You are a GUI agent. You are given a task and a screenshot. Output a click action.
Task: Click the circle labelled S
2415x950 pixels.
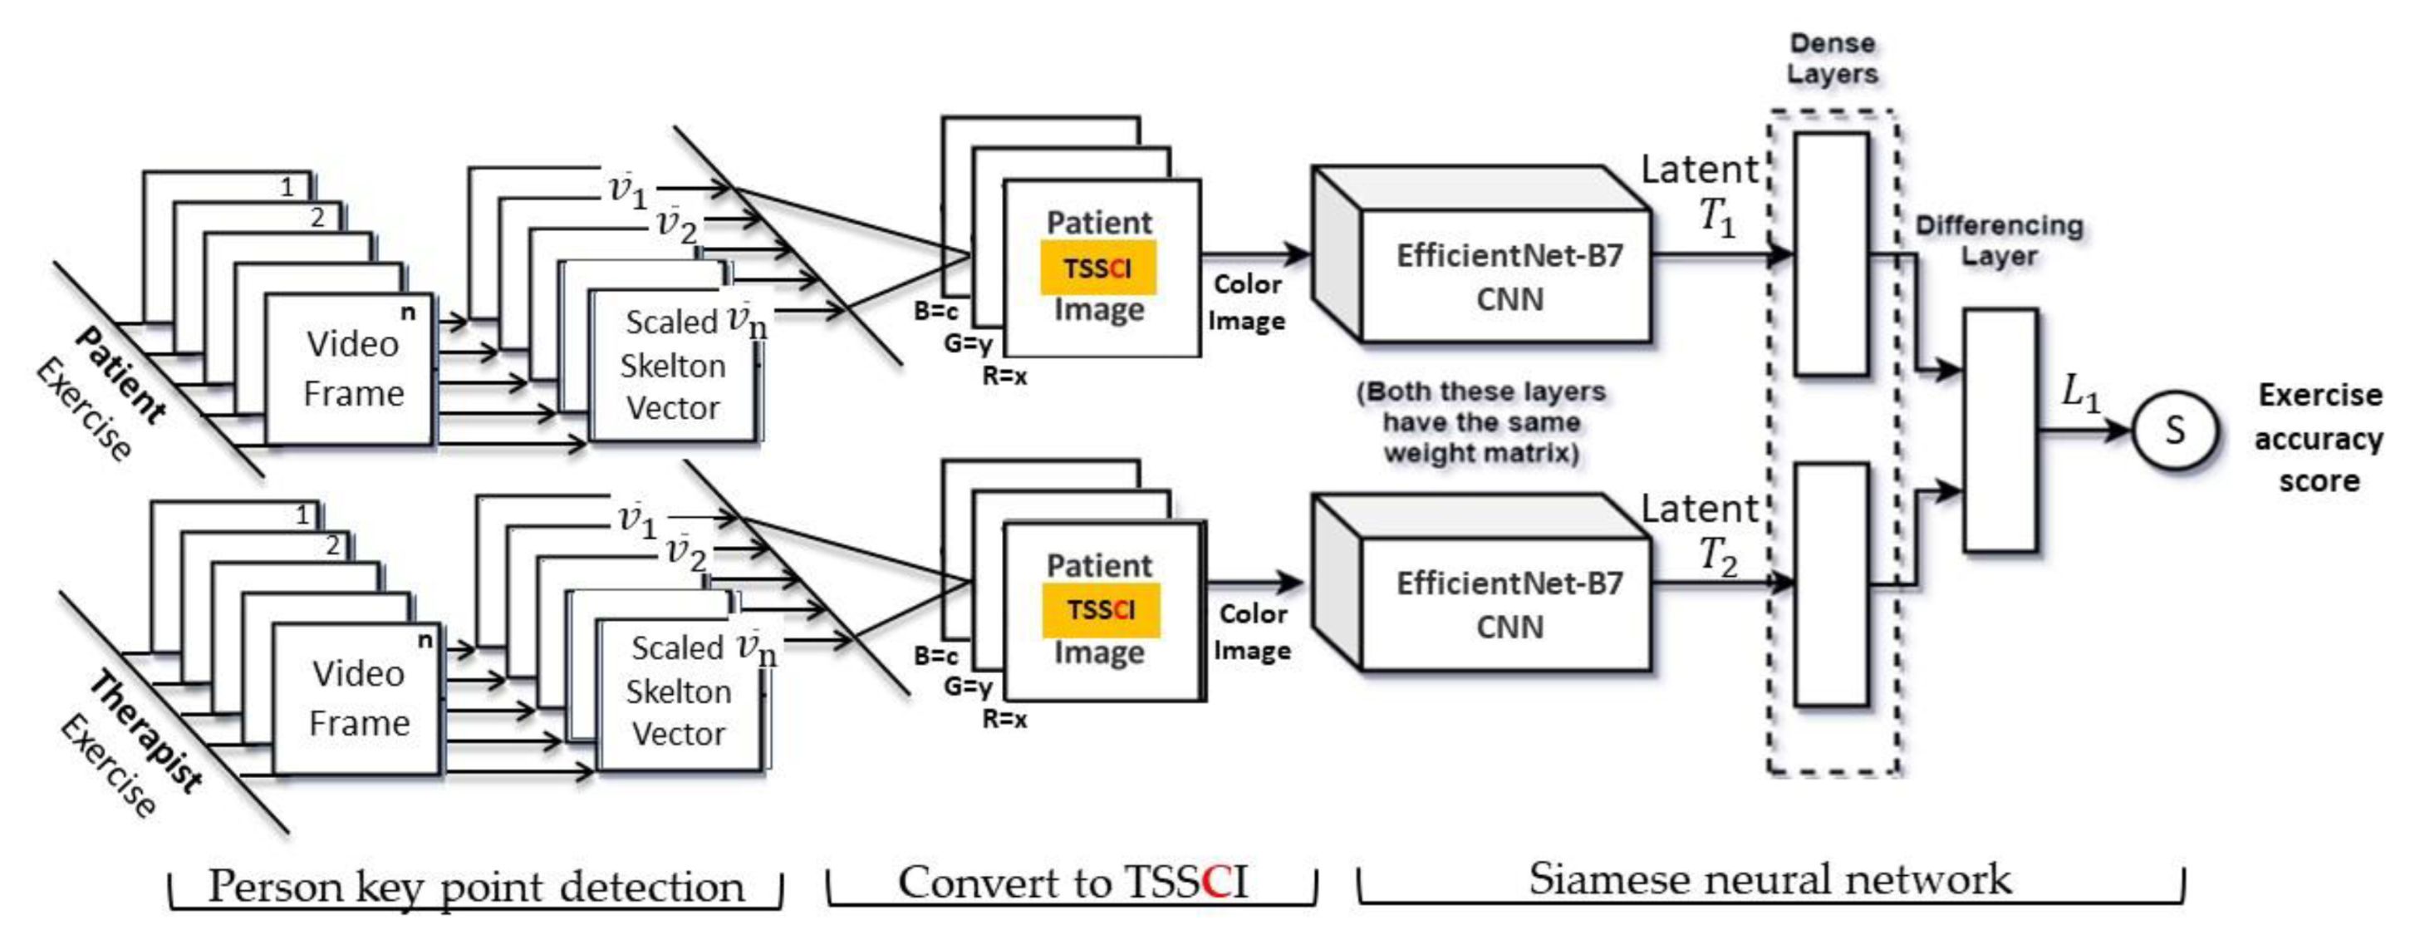point(2174,431)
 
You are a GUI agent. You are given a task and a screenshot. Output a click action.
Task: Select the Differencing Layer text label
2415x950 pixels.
point(1999,240)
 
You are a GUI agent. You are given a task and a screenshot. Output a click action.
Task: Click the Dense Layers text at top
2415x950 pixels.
point(1832,58)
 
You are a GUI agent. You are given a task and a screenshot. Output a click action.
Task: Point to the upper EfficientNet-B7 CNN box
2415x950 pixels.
point(1508,277)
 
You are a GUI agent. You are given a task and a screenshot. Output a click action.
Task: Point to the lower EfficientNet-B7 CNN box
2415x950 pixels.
point(1508,605)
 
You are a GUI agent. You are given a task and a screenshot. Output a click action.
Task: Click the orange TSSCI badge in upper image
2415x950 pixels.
point(1097,268)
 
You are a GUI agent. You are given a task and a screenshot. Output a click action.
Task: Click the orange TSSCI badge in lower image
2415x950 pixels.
point(1101,609)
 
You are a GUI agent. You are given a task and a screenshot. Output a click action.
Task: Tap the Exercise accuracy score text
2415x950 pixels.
point(2319,438)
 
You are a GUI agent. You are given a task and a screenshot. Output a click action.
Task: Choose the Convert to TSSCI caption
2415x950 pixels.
point(1072,882)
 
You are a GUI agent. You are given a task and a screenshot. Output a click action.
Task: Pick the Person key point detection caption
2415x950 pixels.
point(475,886)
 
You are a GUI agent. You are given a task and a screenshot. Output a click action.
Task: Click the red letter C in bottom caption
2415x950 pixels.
point(1215,882)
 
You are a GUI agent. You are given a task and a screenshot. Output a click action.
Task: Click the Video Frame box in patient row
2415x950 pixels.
point(352,368)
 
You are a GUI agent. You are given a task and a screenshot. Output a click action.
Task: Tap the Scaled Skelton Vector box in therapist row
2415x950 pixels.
point(678,694)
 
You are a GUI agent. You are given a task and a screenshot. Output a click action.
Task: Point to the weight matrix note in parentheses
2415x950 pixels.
point(1481,422)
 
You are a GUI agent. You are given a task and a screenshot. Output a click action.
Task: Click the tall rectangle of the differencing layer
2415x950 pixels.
point(2000,430)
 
